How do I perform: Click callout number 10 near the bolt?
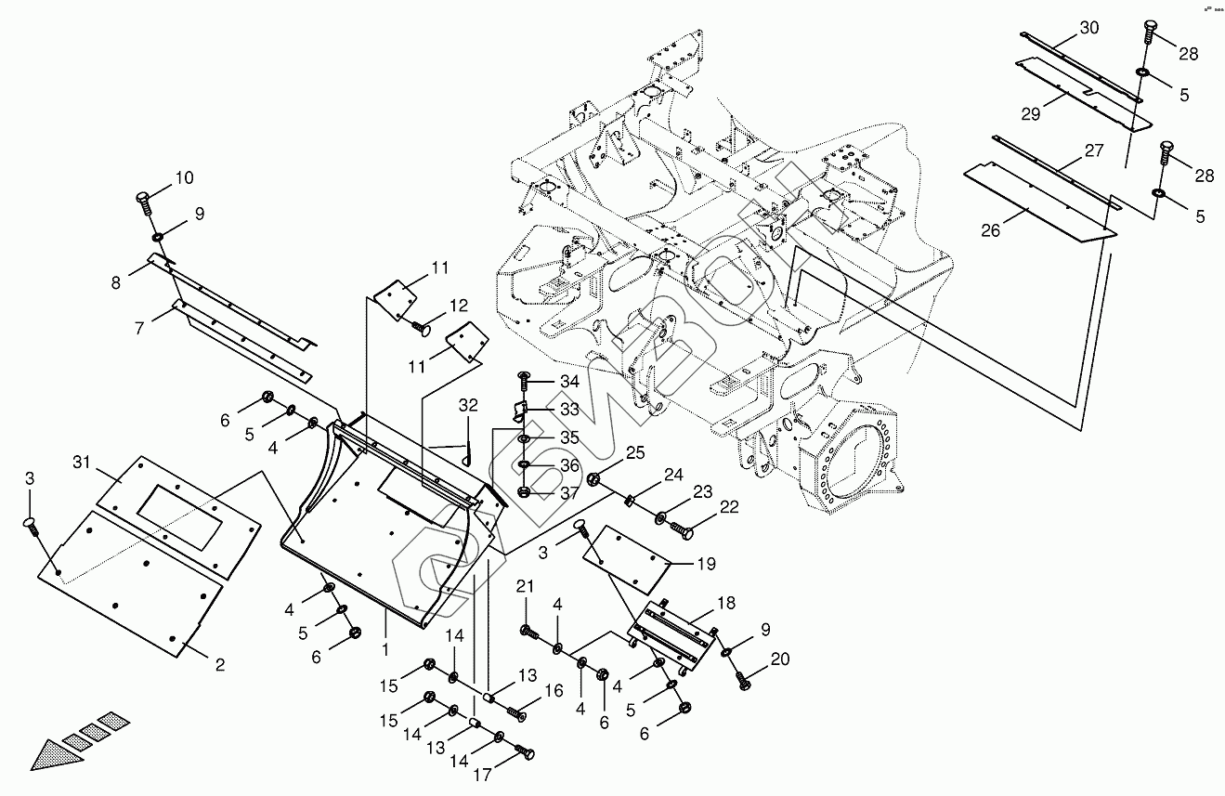coord(184,177)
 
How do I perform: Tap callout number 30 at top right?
coord(1088,28)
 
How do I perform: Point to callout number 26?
coord(992,230)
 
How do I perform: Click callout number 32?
coord(467,406)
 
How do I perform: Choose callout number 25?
coord(633,452)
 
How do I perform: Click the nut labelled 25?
coord(593,479)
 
